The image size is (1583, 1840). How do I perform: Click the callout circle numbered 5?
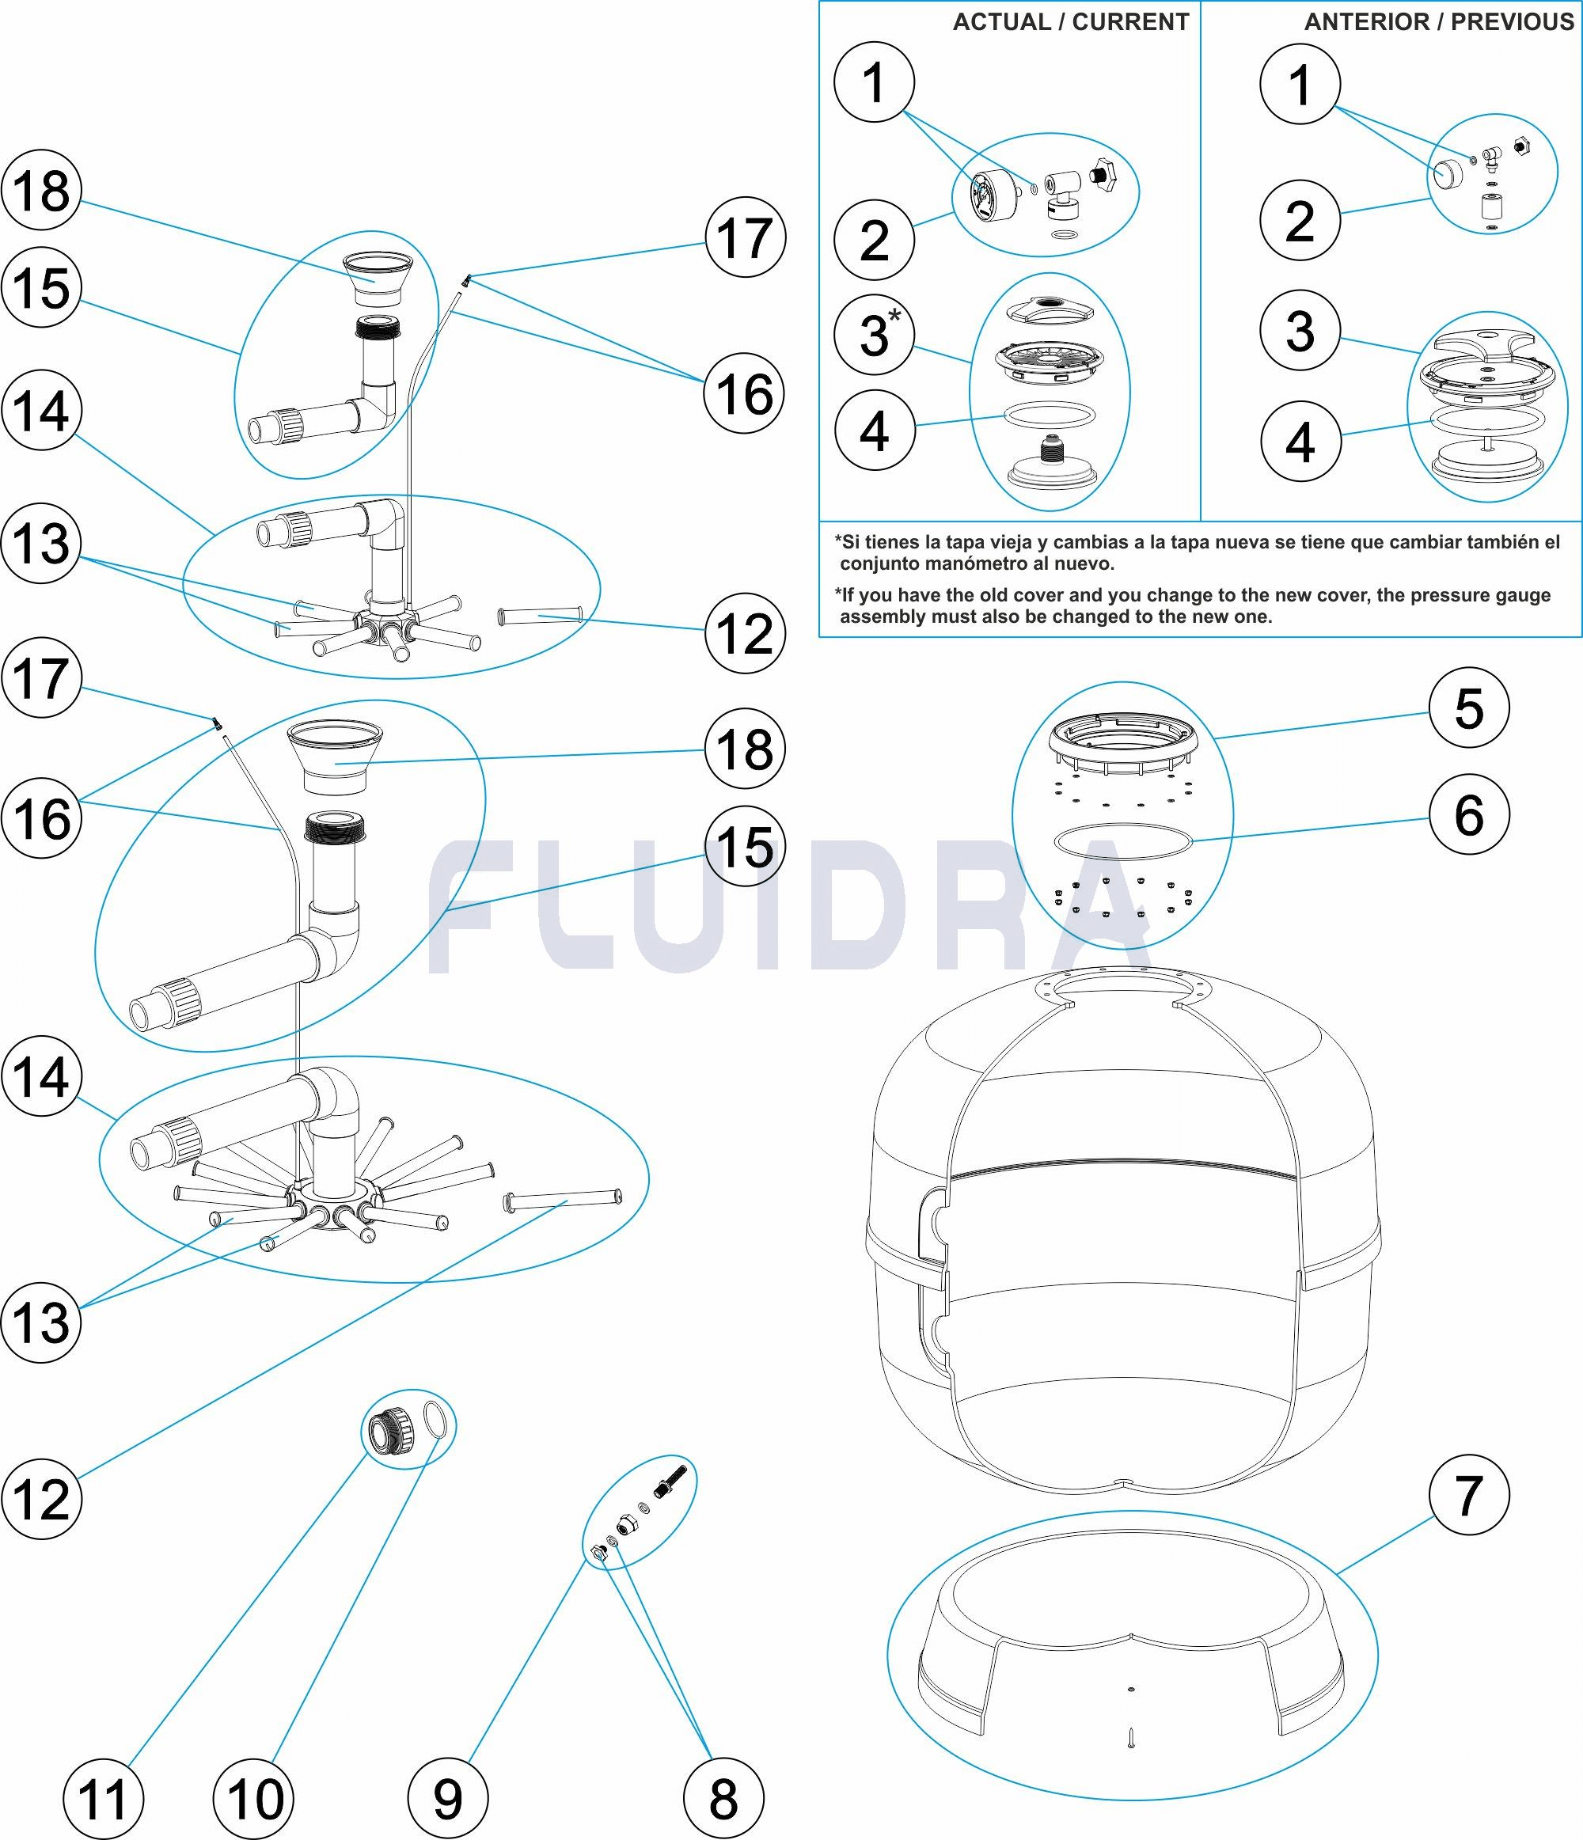pos(1469,708)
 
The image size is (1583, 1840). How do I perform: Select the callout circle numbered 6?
pos(1469,814)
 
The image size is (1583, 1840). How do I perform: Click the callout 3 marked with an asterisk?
pos(875,335)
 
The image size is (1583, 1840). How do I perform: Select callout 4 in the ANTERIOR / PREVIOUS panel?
pos(1300,442)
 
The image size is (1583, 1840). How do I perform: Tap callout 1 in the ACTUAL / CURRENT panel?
pos(875,82)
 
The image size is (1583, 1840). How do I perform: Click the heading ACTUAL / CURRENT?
pos(1070,22)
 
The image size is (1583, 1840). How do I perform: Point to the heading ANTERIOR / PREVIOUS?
pos(1439,22)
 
